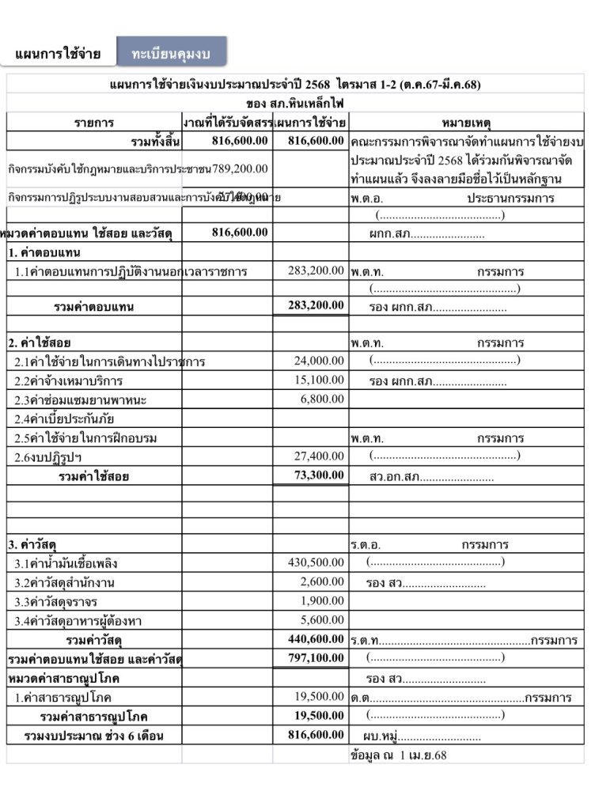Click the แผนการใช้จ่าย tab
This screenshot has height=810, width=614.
[x=58, y=54]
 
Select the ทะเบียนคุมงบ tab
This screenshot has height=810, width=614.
[x=171, y=52]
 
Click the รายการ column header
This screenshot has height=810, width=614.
[x=94, y=123]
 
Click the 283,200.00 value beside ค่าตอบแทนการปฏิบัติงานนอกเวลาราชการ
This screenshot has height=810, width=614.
[x=316, y=271]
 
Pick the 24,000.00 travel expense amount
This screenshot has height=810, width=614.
[x=319, y=361]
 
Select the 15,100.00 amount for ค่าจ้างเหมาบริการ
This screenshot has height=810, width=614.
[x=319, y=380]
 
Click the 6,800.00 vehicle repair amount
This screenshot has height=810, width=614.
[x=322, y=399]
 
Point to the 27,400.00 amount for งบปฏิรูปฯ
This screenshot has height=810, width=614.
[x=319, y=456]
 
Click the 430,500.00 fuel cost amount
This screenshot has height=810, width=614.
[x=316, y=562]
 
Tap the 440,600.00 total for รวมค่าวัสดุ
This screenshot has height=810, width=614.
[x=313, y=638]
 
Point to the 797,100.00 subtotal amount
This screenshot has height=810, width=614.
[x=313, y=657]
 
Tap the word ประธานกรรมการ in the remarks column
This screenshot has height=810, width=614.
[x=510, y=199]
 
